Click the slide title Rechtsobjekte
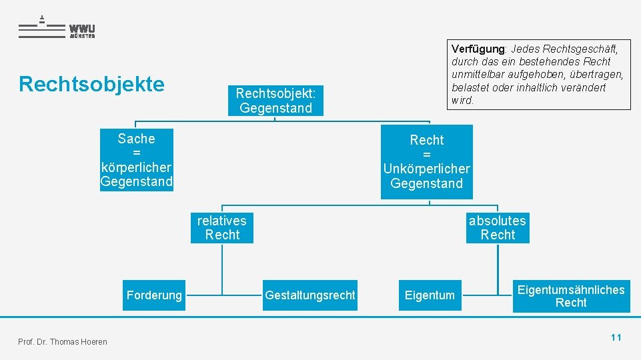(91, 84)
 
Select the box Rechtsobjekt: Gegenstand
(275, 100)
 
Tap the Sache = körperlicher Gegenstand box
(136, 160)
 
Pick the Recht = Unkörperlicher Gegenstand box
(426, 162)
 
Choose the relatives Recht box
(222, 228)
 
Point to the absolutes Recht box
(498, 228)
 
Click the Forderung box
(154, 295)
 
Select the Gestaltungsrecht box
(310, 295)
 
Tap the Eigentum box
(430, 295)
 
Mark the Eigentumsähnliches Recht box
(571, 296)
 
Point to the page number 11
(616, 337)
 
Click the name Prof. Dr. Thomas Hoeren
(63, 342)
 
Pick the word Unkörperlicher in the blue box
(426, 169)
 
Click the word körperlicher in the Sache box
(136, 167)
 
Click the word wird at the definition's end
(462, 101)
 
